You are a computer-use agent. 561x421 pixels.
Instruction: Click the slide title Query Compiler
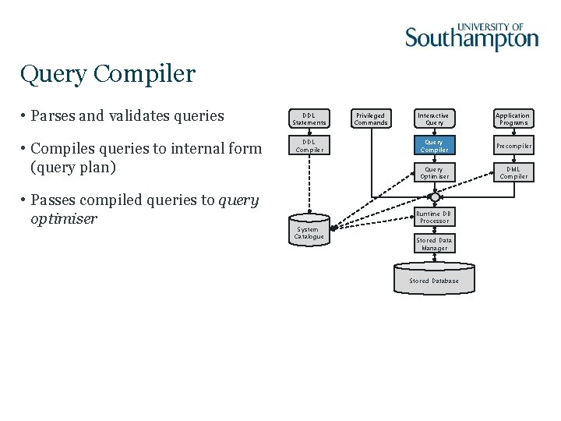tap(108, 74)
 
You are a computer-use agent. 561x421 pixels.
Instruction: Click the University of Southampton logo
tap(471, 36)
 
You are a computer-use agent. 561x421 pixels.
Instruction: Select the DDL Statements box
tap(309, 119)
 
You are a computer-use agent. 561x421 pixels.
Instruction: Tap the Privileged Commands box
tap(371, 119)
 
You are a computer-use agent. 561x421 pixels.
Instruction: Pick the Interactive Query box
tap(434, 119)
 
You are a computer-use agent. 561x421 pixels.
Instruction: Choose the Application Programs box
tap(513, 119)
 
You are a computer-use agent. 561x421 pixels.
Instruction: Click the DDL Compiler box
tap(309, 146)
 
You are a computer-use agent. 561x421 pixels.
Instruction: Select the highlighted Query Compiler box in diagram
tap(434, 146)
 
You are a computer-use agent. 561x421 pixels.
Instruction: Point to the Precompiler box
tap(513, 146)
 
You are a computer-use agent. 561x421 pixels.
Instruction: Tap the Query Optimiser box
tap(434, 172)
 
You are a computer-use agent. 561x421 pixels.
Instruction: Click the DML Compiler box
tap(513, 172)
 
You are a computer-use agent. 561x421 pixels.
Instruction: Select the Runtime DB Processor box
tap(434, 218)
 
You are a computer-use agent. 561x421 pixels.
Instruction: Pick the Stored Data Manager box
tap(434, 244)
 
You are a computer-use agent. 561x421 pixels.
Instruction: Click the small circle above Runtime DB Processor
tap(434, 197)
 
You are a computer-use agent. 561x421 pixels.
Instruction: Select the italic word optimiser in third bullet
tap(64, 219)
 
